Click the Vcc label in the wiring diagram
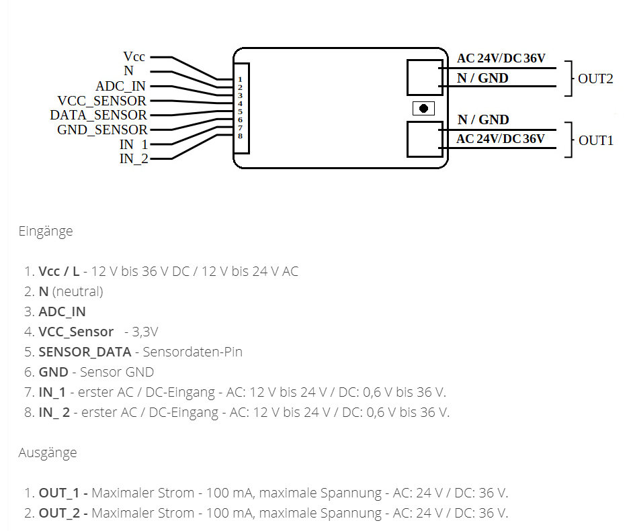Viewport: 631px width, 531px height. (x=134, y=57)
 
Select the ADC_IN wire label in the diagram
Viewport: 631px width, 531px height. (x=120, y=87)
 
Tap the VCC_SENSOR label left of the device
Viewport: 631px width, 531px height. (x=101, y=101)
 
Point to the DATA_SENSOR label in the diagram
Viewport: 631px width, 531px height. (x=98, y=115)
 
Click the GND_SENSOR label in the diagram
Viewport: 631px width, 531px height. (x=102, y=130)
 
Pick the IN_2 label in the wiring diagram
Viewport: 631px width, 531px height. (x=134, y=158)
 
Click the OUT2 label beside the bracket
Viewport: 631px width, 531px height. (x=595, y=79)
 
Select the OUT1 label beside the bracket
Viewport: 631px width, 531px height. (x=595, y=140)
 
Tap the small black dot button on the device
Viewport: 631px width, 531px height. (x=423, y=108)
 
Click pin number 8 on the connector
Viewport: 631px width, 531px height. (x=240, y=136)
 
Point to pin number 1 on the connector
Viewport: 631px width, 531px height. (x=240, y=80)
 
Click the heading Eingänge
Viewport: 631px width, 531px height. (x=46, y=231)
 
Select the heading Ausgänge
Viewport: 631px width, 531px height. (x=48, y=452)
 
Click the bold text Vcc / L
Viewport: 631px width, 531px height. (x=59, y=271)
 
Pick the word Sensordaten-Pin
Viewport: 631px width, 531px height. (x=192, y=352)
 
